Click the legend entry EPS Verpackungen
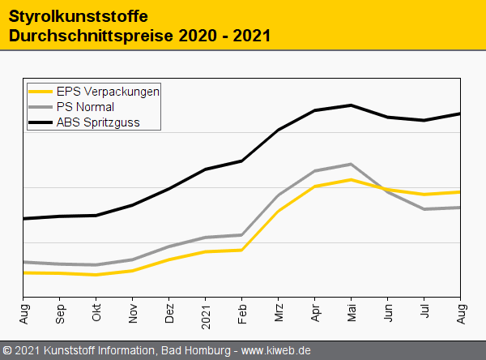[108, 92]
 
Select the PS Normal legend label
[85, 107]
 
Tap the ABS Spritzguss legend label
[97, 123]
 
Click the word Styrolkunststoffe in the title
[78, 15]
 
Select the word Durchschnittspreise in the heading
[92, 36]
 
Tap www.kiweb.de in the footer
[276, 351]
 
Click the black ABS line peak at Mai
[351, 105]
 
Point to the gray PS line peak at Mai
[350, 165]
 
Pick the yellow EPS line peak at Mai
[350, 179]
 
